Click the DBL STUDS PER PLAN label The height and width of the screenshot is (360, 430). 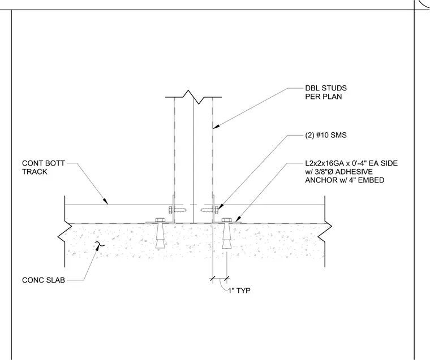(326, 92)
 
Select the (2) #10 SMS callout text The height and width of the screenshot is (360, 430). (326, 135)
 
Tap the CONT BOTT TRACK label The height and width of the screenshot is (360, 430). (44, 167)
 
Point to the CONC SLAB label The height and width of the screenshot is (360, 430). (44, 280)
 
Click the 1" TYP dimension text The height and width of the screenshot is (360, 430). (239, 290)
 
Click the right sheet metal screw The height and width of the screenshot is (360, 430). (209, 210)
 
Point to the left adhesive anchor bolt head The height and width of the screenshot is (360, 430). (160, 220)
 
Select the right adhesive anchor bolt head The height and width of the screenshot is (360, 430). (226, 220)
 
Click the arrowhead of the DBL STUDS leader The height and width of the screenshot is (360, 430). (216, 127)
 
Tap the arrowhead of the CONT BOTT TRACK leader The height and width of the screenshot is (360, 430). (106, 201)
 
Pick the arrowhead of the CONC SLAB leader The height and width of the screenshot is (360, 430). (97, 246)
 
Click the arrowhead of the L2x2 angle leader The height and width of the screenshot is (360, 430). (238, 219)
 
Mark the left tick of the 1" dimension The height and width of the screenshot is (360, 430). (213, 279)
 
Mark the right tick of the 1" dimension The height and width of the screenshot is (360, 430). (226, 279)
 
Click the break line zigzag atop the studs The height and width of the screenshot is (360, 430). (193, 97)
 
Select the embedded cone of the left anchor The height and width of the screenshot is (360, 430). (160, 236)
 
